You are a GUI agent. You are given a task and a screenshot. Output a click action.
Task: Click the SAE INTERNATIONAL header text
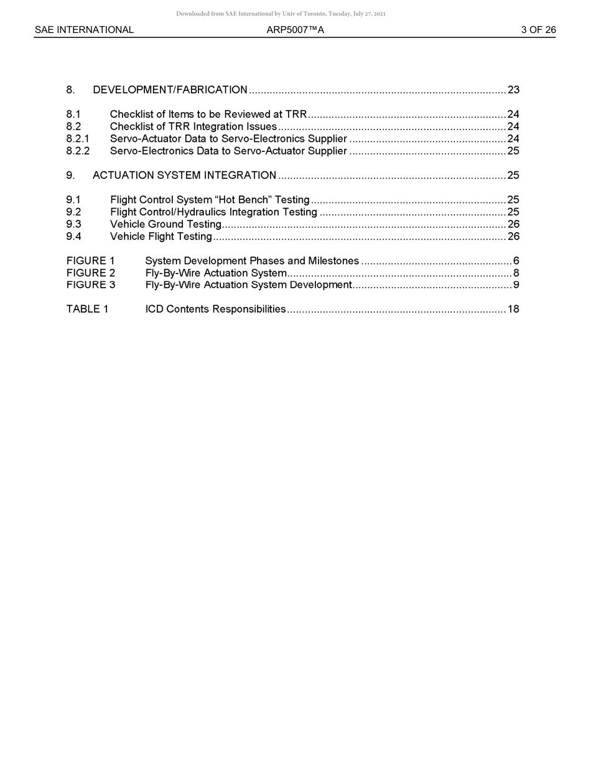tap(84, 30)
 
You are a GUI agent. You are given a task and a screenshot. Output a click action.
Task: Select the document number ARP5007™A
tap(295, 30)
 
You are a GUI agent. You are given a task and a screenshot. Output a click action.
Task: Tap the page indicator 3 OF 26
tap(538, 30)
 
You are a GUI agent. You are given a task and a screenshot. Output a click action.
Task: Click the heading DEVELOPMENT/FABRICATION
tap(170, 90)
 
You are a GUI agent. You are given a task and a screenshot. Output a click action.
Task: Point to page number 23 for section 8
tap(513, 90)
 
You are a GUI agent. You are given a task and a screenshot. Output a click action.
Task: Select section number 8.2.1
tap(78, 139)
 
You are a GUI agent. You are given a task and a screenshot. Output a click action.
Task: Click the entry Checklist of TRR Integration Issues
tap(193, 127)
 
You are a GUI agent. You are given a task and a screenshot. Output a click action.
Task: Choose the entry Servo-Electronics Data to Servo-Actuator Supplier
tap(228, 151)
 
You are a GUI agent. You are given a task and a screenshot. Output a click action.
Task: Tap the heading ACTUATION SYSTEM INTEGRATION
tap(184, 176)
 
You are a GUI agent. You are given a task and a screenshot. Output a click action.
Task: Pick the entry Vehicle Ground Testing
tap(165, 224)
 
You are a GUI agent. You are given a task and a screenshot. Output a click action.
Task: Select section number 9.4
tap(73, 237)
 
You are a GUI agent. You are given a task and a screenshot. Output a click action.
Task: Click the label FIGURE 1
tap(91, 261)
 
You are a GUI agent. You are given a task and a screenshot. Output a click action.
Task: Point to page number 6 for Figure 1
tap(516, 261)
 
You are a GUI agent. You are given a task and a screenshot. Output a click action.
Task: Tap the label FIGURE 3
tap(91, 285)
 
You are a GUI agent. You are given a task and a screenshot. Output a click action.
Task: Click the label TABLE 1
tap(87, 310)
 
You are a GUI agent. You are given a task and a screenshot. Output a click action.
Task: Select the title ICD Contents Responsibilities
tap(215, 310)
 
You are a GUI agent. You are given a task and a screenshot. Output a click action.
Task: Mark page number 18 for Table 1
tap(513, 310)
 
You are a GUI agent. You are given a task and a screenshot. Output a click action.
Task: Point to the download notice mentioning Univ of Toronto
tap(281, 14)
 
